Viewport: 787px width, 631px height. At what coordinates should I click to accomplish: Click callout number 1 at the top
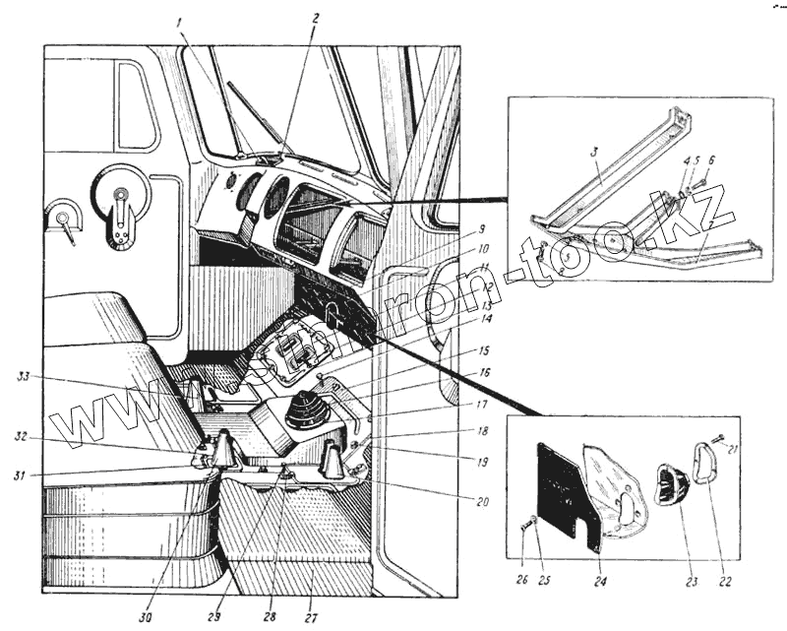tap(181, 23)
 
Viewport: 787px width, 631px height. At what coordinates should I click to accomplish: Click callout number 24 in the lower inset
tap(600, 580)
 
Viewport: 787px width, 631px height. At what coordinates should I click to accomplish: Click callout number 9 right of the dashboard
tap(482, 230)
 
